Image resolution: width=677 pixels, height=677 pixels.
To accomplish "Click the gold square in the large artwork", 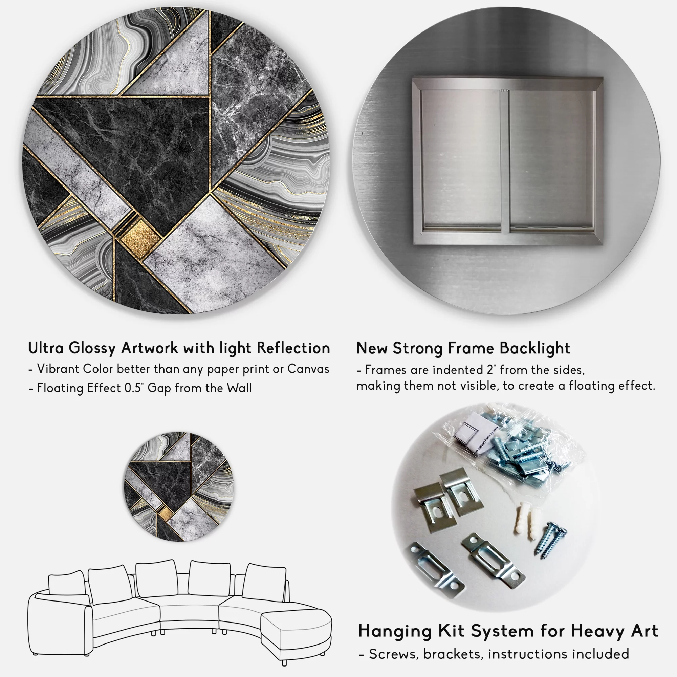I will [139, 236].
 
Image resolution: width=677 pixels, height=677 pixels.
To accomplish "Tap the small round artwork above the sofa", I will [179, 487].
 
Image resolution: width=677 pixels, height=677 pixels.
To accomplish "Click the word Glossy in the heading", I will [92, 349].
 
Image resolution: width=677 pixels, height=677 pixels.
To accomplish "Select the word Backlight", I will [535, 349].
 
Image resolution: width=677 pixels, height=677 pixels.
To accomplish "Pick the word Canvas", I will [308, 369].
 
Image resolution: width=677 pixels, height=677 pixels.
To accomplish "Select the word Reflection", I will [293, 348].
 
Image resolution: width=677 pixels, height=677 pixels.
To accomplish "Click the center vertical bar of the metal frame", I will [504, 161].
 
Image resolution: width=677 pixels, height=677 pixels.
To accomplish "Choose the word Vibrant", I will [58, 369].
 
